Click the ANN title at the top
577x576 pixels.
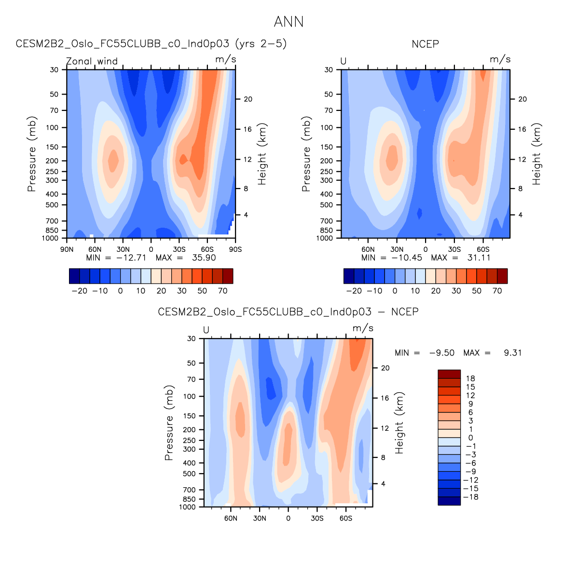point(288,22)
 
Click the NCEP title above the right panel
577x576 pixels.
point(425,44)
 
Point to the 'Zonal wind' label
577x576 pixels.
point(92,61)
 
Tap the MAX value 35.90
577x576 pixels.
point(204,258)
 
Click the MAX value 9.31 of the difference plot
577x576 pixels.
point(512,353)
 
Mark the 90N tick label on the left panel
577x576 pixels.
point(67,249)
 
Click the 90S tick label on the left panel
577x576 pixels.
point(235,249)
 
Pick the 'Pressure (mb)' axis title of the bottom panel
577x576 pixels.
point(169,423)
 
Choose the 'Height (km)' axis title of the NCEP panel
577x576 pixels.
point(536,154)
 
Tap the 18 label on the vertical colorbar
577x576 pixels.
point(470,379)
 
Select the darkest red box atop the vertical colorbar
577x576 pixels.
point(449,374)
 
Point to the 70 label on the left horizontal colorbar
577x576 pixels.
point(222,291)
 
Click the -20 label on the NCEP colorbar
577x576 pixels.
point(354,291)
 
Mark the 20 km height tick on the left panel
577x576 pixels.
point(247,99)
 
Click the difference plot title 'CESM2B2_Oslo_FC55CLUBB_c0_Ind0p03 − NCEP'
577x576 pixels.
point(288,312)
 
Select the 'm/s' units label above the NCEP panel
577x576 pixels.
point(500,59)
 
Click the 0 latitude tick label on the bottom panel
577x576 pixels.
point(288,518)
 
